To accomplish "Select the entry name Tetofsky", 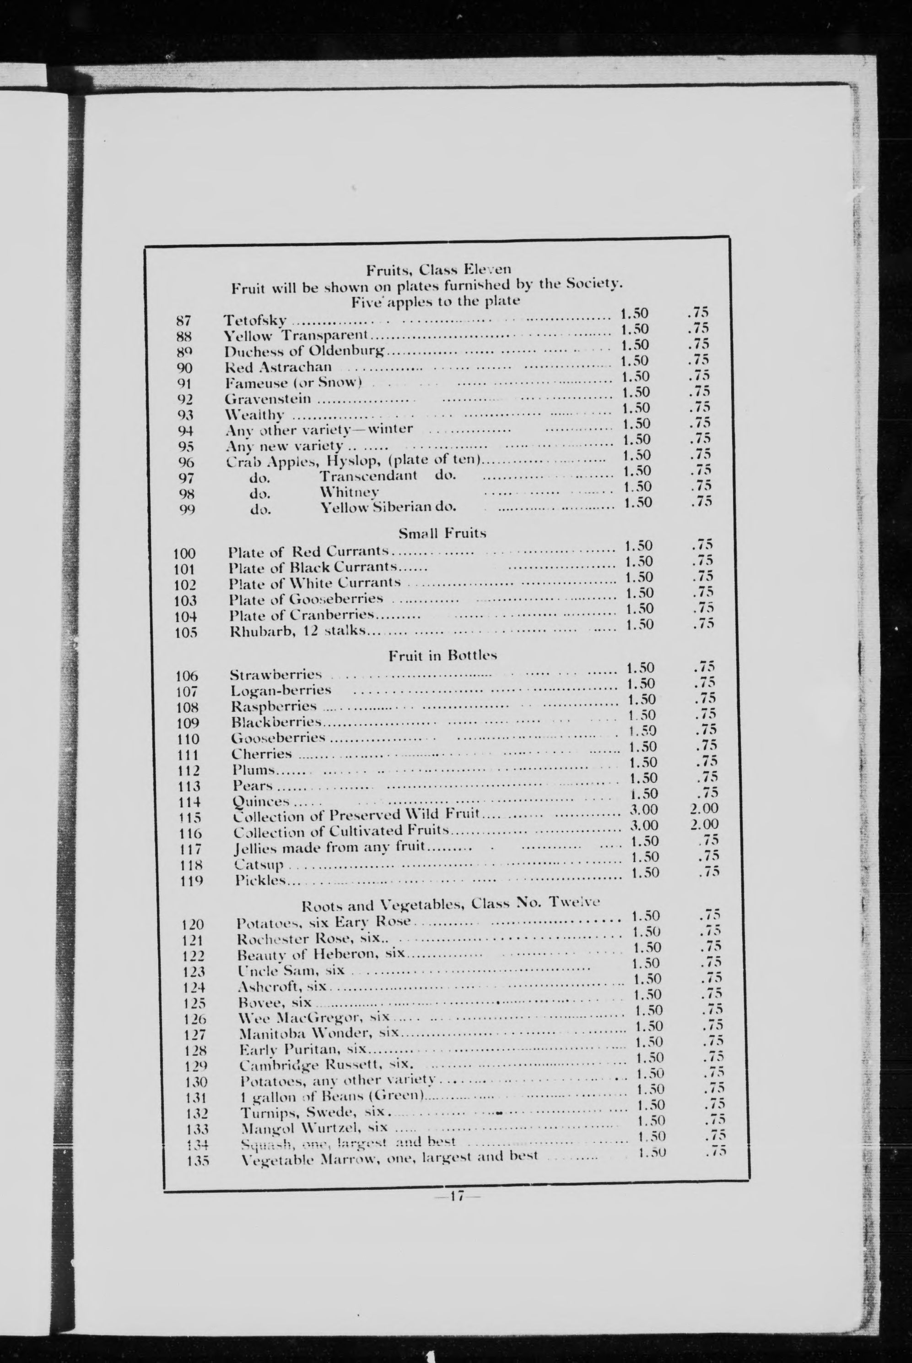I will [255, 320].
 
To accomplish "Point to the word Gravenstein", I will [268, 400].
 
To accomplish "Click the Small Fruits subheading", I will [442, 533].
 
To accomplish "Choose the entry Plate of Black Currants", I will [313, 567].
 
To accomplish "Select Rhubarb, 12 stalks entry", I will [297, 631].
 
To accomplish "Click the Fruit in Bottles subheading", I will [442, 655].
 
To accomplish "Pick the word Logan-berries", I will [281, 691].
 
